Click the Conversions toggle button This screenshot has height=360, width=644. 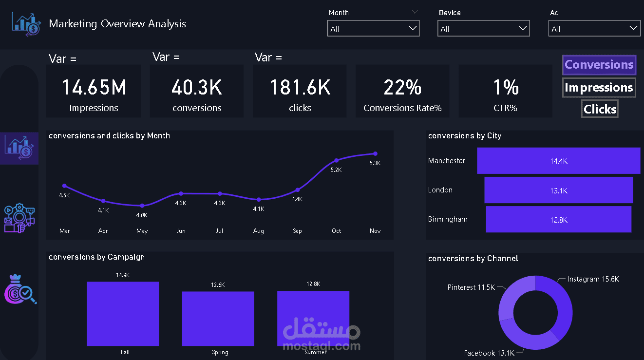pyautogui.click(x=599, y=65)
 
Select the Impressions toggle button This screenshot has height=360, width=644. pyautogui.click(x=599, y=88)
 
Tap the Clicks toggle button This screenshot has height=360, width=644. pyautogui.click(x=600, y=109)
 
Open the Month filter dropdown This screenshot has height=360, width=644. pyautogui.click(x=373, y=29)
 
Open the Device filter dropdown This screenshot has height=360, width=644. pyautogui.click(x=483, y=29)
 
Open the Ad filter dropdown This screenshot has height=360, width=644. pyautogui.click(x=594, y=29)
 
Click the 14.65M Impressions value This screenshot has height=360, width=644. pyautogui.click(x=94, y=88)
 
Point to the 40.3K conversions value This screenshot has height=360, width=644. pyautogui.click(x=197, y=88)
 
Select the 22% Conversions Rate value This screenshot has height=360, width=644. pyautogui.click(x=402, y=88)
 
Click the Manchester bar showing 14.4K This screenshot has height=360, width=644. pyautogui.click(x=558, y=161)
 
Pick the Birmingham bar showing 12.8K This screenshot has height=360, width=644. pyautogui.click(x=558, y=220)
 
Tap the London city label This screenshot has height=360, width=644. pyautogui.click(x=440, y=190)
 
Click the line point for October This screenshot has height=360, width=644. pyautogui.click(x=337, y=160)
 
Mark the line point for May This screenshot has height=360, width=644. pyautogui.click(x=142, y=206)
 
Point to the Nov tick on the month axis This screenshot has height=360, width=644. pyautogui.click(x=375, y=231)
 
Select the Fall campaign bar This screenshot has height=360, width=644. pyautogui.click(x=123, y=313)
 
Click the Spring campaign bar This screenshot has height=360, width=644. pyautogui.click(x=218, y=318)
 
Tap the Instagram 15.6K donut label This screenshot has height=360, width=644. pyautogui.click(x=593, y=279)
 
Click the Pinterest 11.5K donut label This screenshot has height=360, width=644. pyautogui.click(x=471, y=287)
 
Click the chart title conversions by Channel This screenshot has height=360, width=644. pyautogui.click(x=473, y=259)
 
